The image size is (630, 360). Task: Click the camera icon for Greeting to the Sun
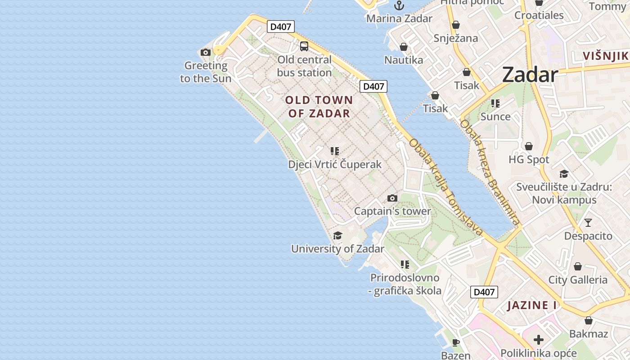pos(206,52)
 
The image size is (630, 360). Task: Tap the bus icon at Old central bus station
pos(304,46)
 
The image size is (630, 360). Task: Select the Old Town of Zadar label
pos(319,107)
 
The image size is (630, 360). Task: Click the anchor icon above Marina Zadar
pos(399,5)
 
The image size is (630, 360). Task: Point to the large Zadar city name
pos(530,74)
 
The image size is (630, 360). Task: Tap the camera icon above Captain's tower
pos(392,198)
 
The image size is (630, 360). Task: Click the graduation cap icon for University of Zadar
pos(337,235)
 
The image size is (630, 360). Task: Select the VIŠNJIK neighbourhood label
pos(605,56)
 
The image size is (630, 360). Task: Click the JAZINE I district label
pos(531,306)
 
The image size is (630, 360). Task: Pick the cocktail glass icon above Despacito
pos(588,222)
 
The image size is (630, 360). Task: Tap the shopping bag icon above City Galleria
pos(578,266)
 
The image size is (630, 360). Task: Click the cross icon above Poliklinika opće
pos(539,340)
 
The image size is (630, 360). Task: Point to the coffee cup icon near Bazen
pos(456,342)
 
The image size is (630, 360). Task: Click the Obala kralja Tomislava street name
pos(446,187)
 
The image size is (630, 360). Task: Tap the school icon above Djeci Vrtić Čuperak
pos(334,151)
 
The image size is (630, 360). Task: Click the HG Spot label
pos(529,160)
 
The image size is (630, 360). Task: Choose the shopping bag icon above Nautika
pos(404,47)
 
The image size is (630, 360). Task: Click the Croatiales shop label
pos(539,15)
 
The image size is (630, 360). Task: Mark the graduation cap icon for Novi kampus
pos(564,174)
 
